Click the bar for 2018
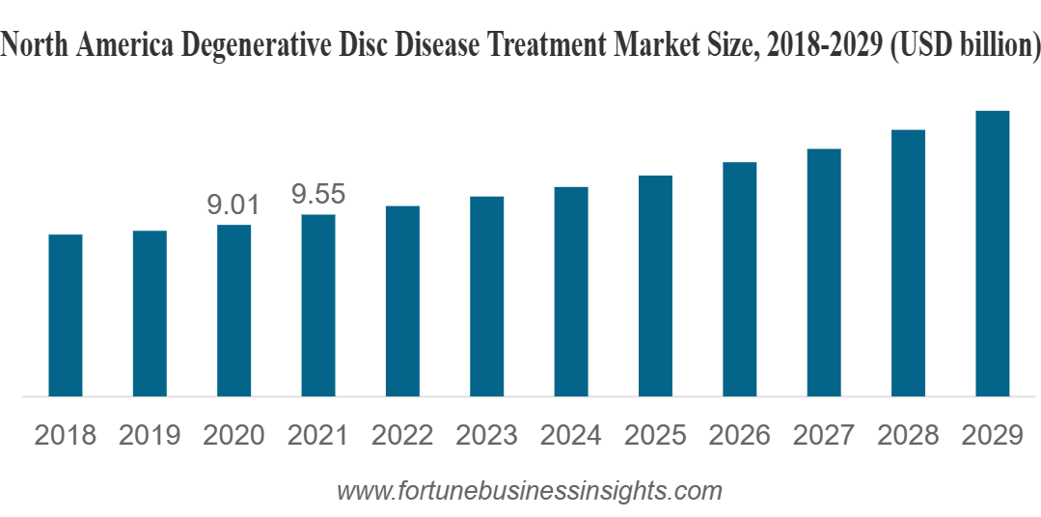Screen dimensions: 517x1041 pyautogui.click(x=66, y=315)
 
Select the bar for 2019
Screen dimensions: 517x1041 pyautogui.click(x=150, y=313)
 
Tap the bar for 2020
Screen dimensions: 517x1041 pyautogui.click(x=233, y=311)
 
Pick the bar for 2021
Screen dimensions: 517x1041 pyautogui.click(x=318, y=305)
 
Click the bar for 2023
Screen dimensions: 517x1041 pyautogui.click(x=486, y=296)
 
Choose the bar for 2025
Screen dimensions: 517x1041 pyautogui.click(x=655, y=286)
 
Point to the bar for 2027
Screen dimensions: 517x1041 pyautogui.click(x=824, y=272)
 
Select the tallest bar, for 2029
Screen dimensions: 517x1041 pyautogui.click(x=992, y=254)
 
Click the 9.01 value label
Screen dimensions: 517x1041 pyautogui.click(x=233, y=204)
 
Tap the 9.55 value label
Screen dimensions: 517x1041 pyautogui.click(x=318, y=195)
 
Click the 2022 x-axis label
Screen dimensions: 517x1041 pyautogui.click(x=402, y=435)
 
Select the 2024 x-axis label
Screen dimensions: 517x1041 pyautogui.click(x=570, y=435)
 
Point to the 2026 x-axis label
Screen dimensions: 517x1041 pyautogui.click(x=739, y=435)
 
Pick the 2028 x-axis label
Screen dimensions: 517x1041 pyautogui.click(x=908, y=435)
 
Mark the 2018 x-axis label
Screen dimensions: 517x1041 pyautogui.click(x=66, y=435)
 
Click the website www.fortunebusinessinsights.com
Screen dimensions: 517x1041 pyautogui.click(x=529, y=490)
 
